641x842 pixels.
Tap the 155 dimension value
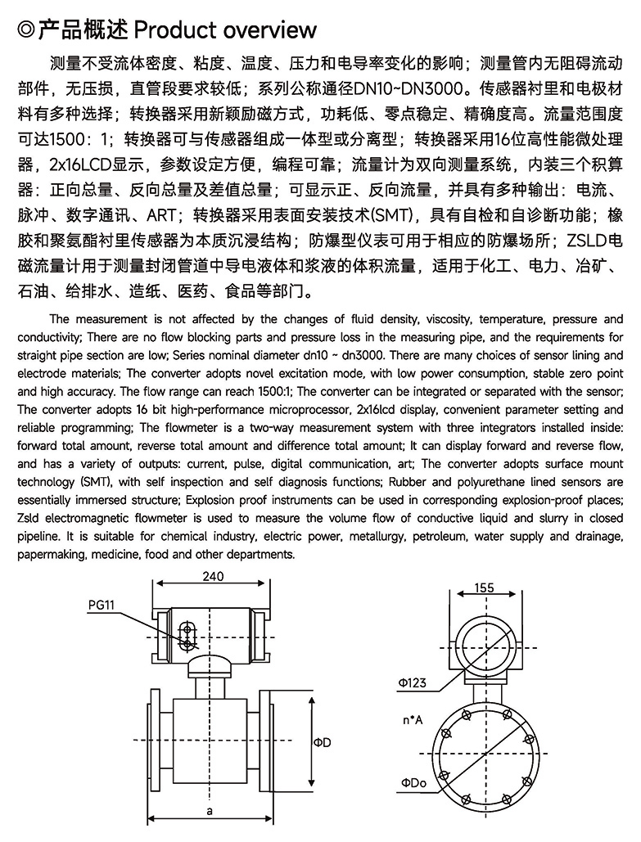(484, 588)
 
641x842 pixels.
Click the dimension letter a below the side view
(210, 811)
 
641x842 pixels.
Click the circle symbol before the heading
(26, 31)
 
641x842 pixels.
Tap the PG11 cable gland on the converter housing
(187, 635)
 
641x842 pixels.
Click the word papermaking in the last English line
(52, 554)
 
